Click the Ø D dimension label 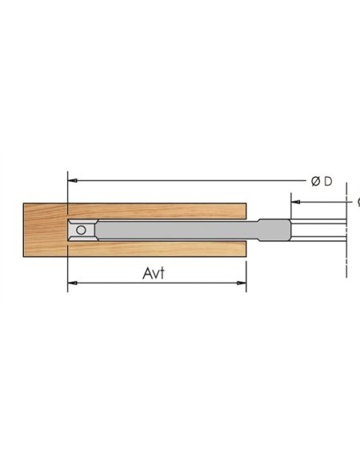click(321, 181)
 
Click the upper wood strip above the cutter click(160, 211)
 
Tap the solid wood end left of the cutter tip click(45, 229)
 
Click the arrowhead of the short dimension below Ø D click(295, 201)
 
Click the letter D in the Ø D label click(327, 181)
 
